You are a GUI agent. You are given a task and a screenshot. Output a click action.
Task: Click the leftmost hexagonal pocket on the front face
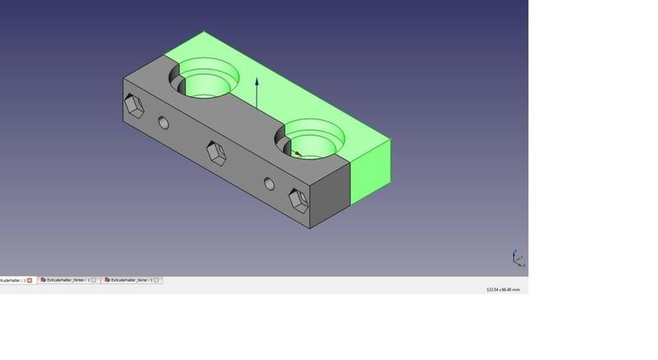[x=133, y=107]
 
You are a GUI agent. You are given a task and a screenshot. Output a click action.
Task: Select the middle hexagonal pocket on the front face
[x=215, y=153]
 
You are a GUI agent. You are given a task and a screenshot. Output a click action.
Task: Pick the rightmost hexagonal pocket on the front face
[x=298, y=200]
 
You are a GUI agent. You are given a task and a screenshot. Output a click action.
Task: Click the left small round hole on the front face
[x=164, y=123]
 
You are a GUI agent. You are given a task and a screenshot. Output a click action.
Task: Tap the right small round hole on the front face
[x=269, y=183]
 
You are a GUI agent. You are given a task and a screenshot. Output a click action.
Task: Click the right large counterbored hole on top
[x=313, y=140]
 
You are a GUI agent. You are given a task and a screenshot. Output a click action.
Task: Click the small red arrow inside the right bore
[x=298, y=153]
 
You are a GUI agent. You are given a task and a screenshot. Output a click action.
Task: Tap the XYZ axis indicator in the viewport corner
[x=517, y=258]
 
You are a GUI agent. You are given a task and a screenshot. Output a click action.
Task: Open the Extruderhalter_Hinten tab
[x=67, y=280]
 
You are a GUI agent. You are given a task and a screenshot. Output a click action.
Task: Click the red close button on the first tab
[x=30, y=280]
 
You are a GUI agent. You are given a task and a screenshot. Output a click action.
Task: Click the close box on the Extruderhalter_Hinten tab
[x=94, y=280]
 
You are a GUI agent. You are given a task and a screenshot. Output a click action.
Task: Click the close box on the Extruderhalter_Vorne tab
[x=157, y=280]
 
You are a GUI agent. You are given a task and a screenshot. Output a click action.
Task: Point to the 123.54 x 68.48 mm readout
[x=503, y=289]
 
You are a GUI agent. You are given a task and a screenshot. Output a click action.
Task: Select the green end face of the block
[x=371, y=170]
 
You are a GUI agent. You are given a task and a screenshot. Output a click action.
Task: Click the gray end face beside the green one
[x=331, y=191]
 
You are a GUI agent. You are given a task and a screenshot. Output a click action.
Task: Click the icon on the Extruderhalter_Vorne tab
[x=107, y=280]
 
